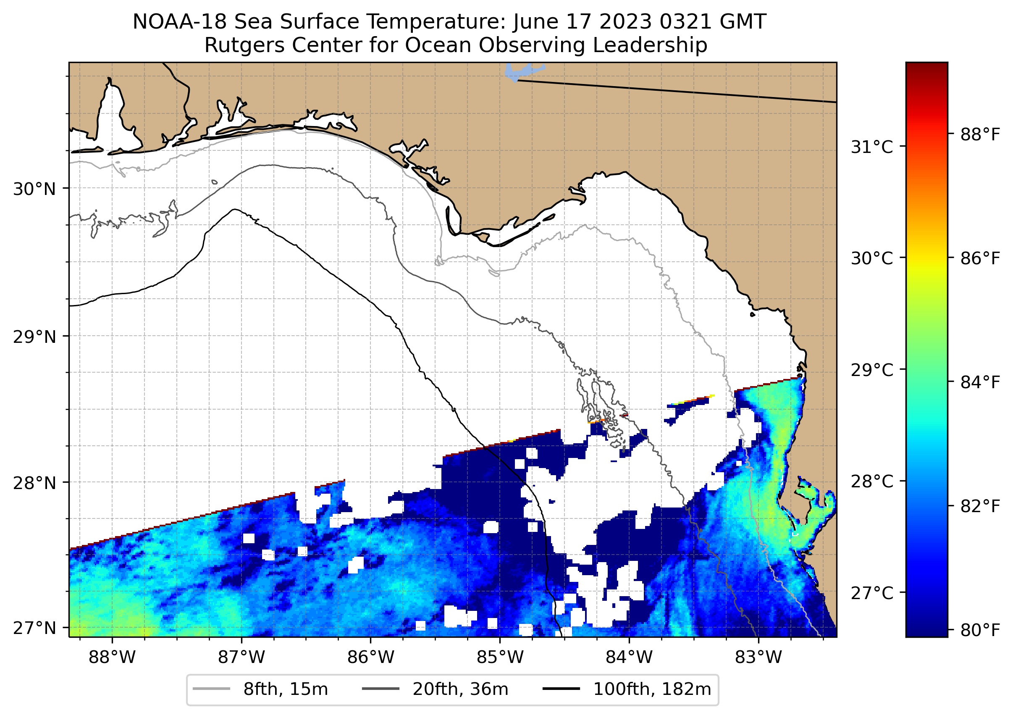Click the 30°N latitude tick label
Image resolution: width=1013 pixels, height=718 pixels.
point(34,189)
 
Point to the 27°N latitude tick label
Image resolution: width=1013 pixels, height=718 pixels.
point(34,628)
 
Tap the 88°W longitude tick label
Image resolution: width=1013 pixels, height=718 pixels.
point(112,658)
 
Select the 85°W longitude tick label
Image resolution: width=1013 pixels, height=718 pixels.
point(500,658)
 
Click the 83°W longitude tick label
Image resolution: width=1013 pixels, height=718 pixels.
point(758,658)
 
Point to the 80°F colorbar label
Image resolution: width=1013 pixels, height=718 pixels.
point(980,630)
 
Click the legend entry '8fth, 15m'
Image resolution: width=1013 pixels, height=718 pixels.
point(285,689)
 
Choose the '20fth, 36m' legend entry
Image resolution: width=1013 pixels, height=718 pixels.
point(460,689)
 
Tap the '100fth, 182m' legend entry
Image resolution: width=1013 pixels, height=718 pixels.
point(652,689)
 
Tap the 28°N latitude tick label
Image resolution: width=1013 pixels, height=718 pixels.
point(34,483)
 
